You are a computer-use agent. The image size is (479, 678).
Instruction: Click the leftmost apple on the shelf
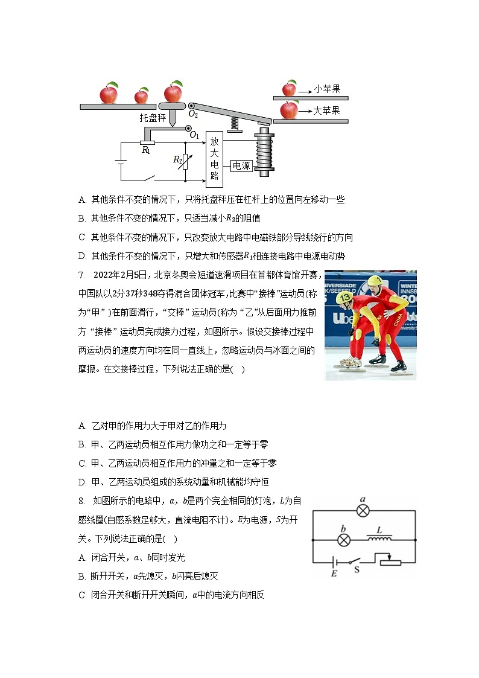pyautogui.click(x=109, y=94)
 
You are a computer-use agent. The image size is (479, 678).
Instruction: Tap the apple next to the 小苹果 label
pyautogui.click(x=289, y=89)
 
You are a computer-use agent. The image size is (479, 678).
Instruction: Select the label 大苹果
pyautogui.click(x=326, y=110)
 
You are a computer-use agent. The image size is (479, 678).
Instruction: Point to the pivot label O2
pyautogui.click(x=193, y=114)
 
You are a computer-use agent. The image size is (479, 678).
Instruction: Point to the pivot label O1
pyautogui.click(x=194, y=135)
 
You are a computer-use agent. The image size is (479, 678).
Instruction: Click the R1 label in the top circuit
pyautogui.click(x=146, y=150)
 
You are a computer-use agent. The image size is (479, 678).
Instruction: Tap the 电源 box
pyautogui.click(x=241, y=165)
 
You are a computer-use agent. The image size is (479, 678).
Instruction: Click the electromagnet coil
pyautogui.click(x=264, y=153)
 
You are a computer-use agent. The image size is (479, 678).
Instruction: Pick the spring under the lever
pyautogui.click(x=233, y=123)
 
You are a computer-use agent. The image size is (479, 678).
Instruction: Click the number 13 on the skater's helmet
pyautogui.click(x=345, y=298)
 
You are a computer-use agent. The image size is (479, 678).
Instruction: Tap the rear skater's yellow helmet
pyautogui.click(x=376, y=281)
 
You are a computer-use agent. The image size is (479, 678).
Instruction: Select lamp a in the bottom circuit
pyautogui.click(x=363, y=511)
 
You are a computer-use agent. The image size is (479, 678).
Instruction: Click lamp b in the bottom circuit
pyautogui.click(x=343, y=539)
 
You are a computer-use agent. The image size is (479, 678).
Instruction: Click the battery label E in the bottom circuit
pyautogui.click(x=334, y=573)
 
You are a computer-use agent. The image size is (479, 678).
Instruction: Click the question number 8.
pyautogui.click(x=82, y=501)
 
